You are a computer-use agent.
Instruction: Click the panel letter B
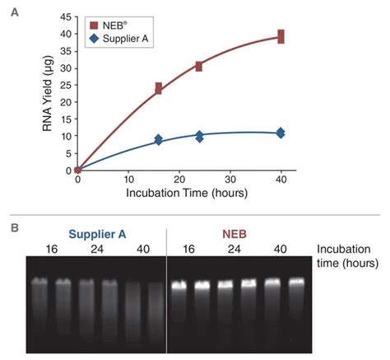point(12,222)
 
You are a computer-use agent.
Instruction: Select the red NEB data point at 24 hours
point(199,66)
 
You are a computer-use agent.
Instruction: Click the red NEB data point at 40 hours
point(281,36)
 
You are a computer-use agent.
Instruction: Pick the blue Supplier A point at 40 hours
point(281,133)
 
